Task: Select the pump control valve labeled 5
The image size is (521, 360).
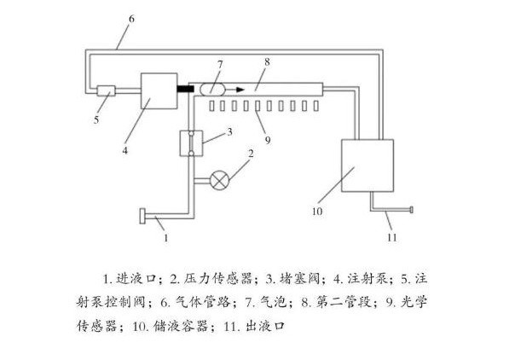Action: click(107, 91)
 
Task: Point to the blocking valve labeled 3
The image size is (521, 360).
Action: click(194, 141)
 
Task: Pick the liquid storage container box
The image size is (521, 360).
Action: click(367, 166)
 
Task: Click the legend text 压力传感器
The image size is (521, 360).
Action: click(213, 278)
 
